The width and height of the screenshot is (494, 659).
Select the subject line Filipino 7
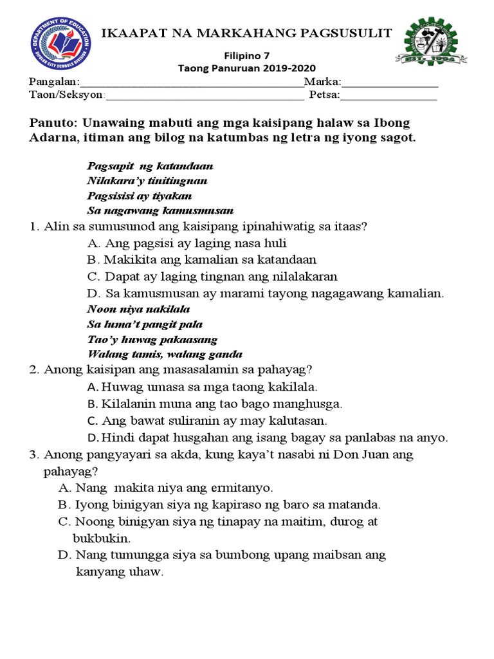pos(247,56)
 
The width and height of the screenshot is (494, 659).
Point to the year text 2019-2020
pos(288,68)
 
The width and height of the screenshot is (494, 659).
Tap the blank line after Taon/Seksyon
pos(204,97)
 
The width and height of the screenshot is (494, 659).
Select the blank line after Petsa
pos(388,97)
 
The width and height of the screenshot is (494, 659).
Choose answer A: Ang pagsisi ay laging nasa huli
pos(187,243)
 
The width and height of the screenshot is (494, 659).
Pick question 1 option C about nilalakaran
pos(212,276)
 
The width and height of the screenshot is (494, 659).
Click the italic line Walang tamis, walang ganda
pos(164,354)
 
